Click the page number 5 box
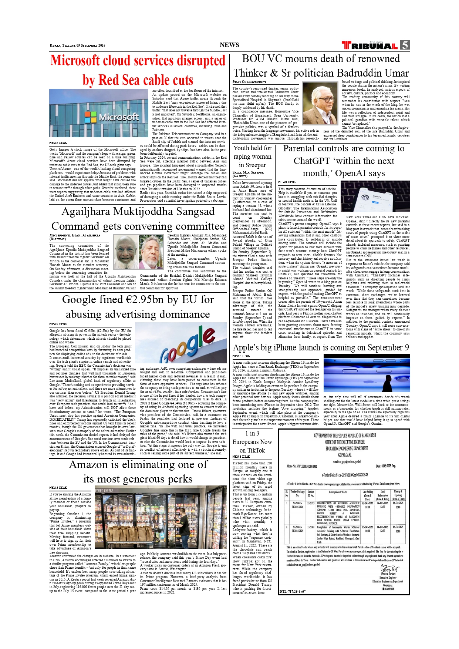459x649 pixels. pyautogui.click(x=405, y=45)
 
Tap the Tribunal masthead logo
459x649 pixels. pyautogui.click(x=370, y=46)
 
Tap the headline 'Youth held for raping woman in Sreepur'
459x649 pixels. pyautogui.click(x=252, y=157)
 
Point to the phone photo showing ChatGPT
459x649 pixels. pyautogui.click(x=375, y=196)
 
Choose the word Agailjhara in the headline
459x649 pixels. pyautogui.click(x=86, y=211)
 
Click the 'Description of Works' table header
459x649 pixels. pyautogui.click(x=338, y=492)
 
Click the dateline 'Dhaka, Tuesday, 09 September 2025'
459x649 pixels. pyautogui.click(x=77, y=46)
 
